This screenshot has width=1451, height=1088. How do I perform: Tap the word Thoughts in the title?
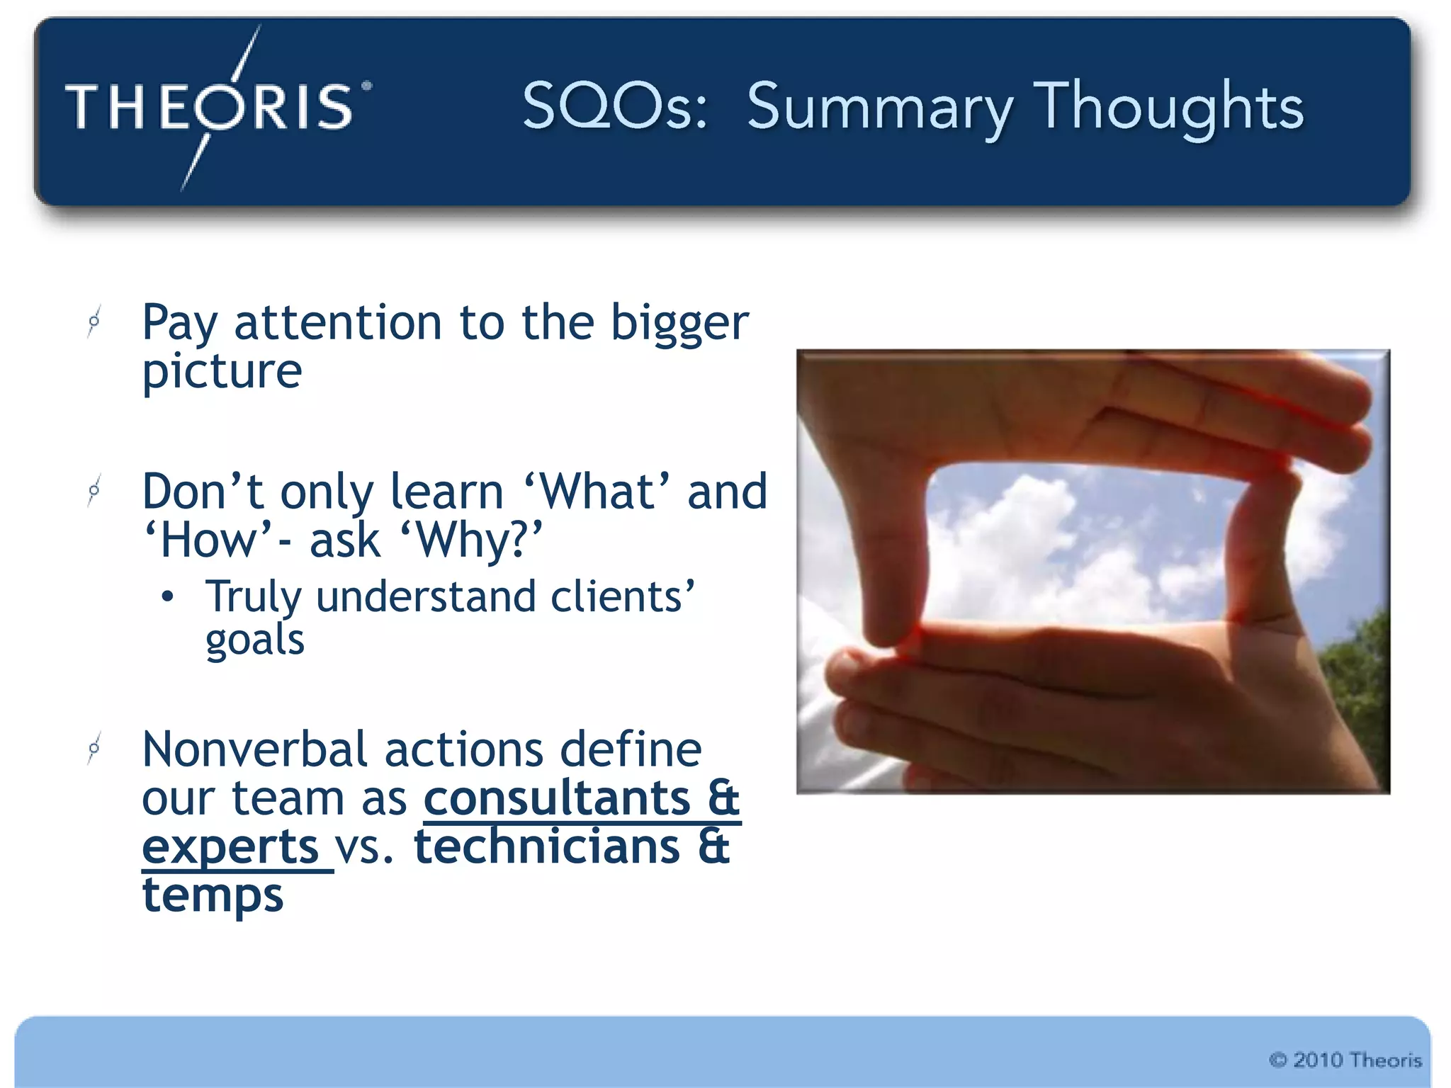(x=1169, y=108)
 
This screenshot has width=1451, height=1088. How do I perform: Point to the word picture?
(x=222, y=372)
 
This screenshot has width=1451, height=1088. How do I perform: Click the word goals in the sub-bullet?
(x=255, y=640)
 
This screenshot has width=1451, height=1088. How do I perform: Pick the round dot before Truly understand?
(x=167, y=597)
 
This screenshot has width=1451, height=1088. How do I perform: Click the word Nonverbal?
(x=255, y=749)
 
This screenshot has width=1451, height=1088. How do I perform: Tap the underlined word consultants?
(x=556, y=798)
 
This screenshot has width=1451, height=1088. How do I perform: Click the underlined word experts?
(x=230, y=847)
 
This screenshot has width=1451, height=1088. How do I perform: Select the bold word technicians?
(x=547, y=847)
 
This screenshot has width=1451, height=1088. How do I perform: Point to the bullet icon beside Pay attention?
(x=94, y=322)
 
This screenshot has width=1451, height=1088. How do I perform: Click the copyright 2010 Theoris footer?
(x=1345, y=1060)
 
